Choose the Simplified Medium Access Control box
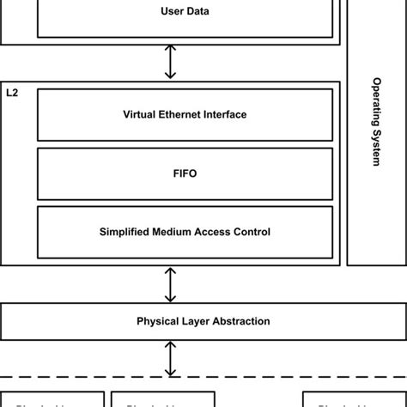(185, 231)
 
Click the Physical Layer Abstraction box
(203, 321)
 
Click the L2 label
(12, 91)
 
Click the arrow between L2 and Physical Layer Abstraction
(171, 283)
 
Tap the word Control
(252, 231)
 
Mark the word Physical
(157, 321)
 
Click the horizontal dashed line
(203, 376)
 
